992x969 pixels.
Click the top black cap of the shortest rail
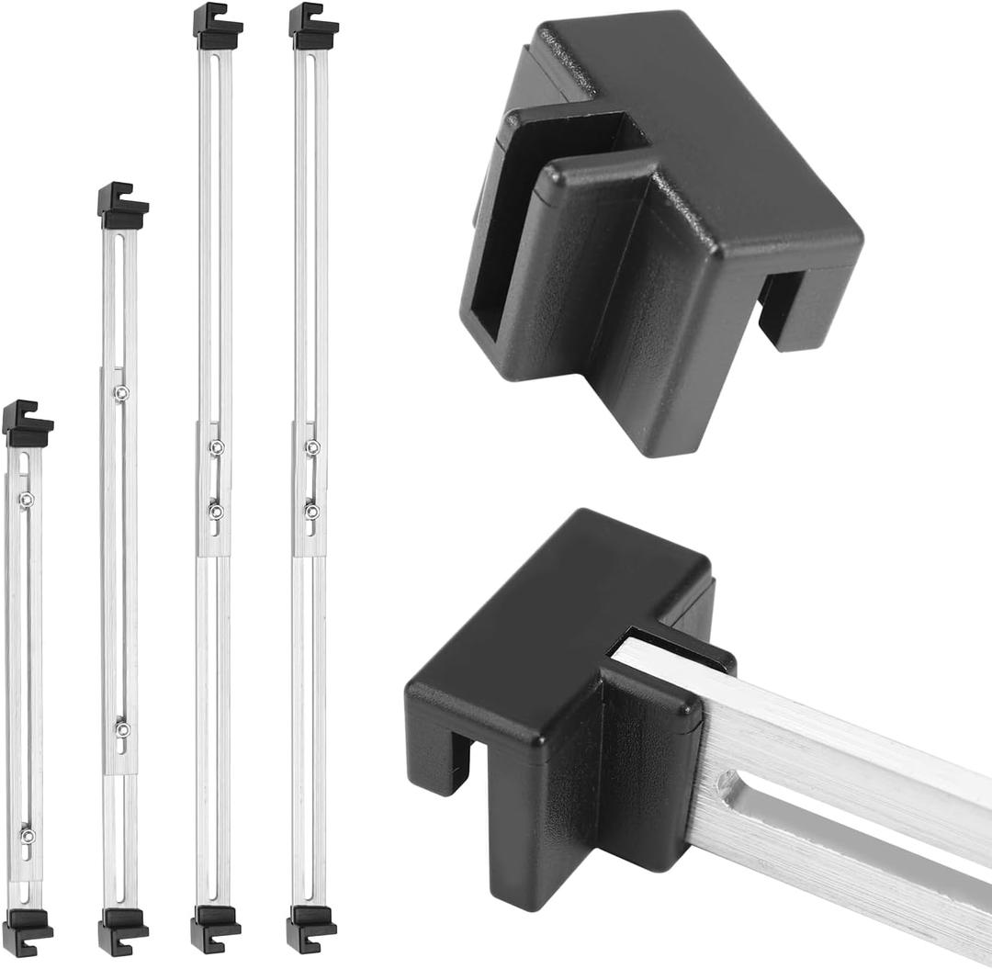pos(27,424)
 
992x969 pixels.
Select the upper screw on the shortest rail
pos(27,499)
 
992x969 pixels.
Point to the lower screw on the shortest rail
pos(27,835)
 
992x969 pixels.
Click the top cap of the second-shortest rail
pos(122,208)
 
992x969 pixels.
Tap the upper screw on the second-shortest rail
pos(121,393)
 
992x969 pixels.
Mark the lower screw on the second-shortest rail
pos(122,728)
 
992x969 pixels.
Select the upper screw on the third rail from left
pos(217,447)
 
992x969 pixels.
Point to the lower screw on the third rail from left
pos(216,511)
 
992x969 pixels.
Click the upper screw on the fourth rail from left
pos(312,447)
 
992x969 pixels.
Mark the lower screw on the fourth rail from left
pos(312,511)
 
